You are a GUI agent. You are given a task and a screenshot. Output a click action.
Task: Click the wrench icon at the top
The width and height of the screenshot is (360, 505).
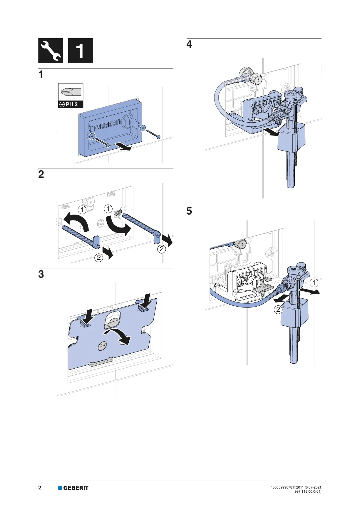click(x=51, y=51)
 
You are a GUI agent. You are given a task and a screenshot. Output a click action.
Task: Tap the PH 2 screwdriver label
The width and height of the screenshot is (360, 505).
click(x=71, y=104)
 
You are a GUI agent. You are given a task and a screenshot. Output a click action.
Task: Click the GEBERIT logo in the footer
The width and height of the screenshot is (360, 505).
click(x=73, y=488)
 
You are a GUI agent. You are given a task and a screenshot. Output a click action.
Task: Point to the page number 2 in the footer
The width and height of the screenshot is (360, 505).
click(x=40, y=487)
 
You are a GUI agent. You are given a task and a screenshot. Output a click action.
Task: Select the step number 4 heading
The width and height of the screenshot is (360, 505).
click(x=189, y=44)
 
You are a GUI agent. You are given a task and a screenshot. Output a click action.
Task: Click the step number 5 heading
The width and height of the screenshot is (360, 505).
click(x=189, y=211)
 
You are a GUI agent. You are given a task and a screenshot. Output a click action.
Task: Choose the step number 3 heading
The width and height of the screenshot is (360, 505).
click(x=41, y=274)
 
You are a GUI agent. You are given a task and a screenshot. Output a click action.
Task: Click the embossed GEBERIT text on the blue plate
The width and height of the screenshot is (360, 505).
click(x=108, y=124)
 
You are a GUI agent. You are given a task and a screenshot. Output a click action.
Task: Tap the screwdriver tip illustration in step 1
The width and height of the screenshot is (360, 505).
click(x=71, y=92)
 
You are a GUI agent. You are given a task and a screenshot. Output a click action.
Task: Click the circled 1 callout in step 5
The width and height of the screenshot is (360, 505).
click(x=314, y=283)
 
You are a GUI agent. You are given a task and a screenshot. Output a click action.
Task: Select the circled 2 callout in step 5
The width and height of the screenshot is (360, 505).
click(x=278, y=310)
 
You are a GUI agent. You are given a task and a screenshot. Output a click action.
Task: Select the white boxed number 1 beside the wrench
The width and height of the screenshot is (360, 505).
click(x=81, y=51)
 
